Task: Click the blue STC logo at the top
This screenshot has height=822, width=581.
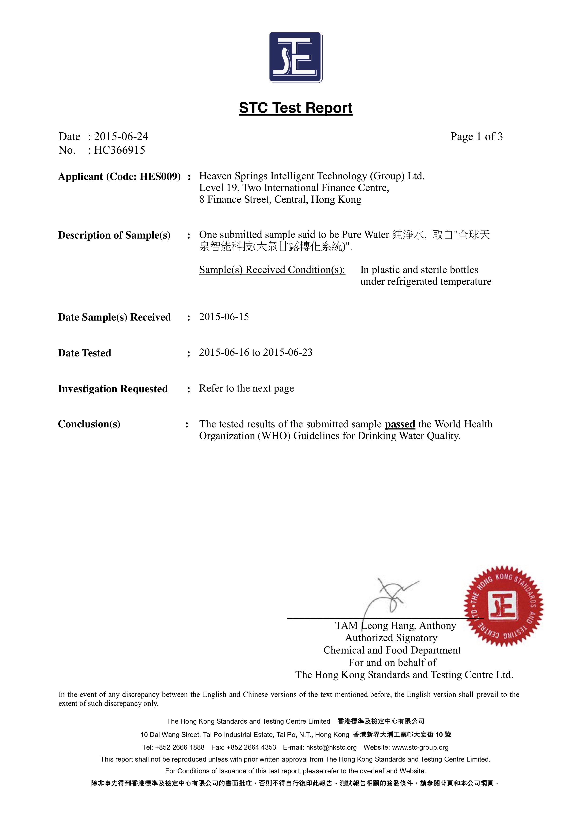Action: [x=296, y=58]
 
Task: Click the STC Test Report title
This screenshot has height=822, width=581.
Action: [x=296, y=108]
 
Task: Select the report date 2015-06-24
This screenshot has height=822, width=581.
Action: [x=121, y=136]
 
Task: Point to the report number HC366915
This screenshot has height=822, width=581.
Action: [x=119, y=150]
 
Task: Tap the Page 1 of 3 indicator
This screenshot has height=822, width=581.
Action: [x=477, y=136]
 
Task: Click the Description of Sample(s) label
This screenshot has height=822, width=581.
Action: [x=114, y=235]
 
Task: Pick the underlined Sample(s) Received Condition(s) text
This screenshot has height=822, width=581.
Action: [x=272, y=269]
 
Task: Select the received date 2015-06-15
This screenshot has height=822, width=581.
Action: [x=224, y=317]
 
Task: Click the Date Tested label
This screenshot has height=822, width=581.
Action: [x=85, y=353]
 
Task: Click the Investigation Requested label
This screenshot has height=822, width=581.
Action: [x=113, y=389]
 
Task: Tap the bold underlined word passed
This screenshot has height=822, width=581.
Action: [x=400, y=424]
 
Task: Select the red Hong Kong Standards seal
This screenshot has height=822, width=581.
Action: [x=503, y=606]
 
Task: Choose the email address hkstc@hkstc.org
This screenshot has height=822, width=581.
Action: [x=331, y=747]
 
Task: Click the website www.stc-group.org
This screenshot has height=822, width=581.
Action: [x=420, y=747]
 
